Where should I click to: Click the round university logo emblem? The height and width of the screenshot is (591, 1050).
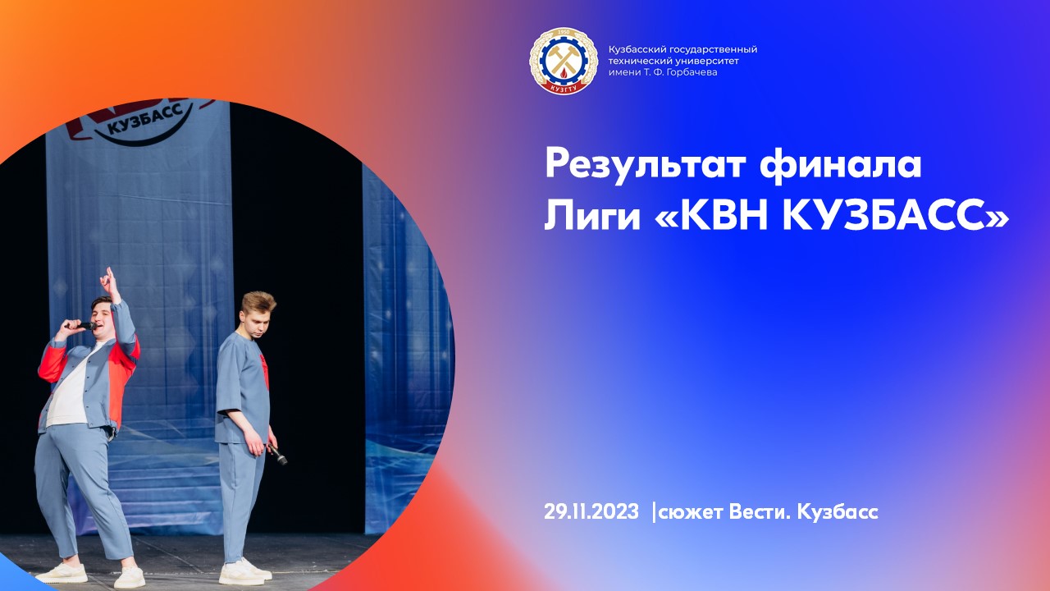point(563,61)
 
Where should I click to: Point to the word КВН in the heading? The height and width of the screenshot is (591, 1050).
point(723,215)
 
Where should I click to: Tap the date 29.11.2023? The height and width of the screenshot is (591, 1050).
point(591,512)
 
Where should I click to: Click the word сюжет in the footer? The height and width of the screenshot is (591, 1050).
point(688,512)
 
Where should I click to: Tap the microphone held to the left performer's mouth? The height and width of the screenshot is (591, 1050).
point(81,325)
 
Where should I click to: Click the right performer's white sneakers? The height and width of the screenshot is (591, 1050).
point(243,571)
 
